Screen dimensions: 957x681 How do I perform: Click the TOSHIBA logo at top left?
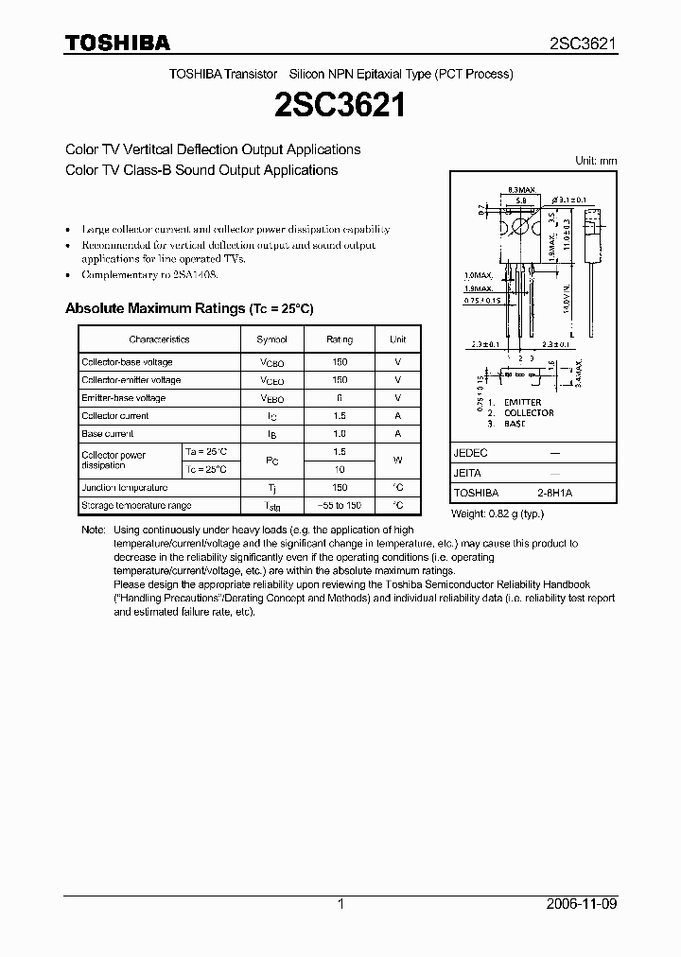(117, 43)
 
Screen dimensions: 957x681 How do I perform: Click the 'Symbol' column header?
(271, 339)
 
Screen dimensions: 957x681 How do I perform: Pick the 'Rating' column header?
(340, 339)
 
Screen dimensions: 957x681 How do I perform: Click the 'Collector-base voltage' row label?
(127, 362)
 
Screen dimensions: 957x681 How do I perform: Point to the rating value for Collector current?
(340, 416)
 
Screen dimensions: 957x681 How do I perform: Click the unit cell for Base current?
(398, 434)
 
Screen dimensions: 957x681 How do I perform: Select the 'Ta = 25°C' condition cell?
(206, 452)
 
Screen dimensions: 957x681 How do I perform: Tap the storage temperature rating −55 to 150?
(340, 506)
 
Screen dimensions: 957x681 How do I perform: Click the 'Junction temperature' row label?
(124, 488)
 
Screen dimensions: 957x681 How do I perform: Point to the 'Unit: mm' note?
(596, 161)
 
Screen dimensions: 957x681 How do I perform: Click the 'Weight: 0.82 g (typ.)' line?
(498, 513)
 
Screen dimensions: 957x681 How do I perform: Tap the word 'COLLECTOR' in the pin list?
(529, 413)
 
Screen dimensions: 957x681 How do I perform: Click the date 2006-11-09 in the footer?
(583, 904)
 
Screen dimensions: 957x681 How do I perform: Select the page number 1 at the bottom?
(340, 904)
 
